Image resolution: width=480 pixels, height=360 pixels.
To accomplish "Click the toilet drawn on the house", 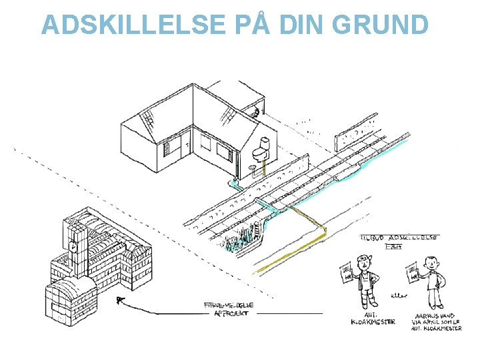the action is (x=263, y=149).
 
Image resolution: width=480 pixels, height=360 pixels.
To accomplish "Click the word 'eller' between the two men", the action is (x=398, y=291).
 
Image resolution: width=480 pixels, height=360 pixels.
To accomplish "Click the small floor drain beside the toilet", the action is (x=252, y=167).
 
